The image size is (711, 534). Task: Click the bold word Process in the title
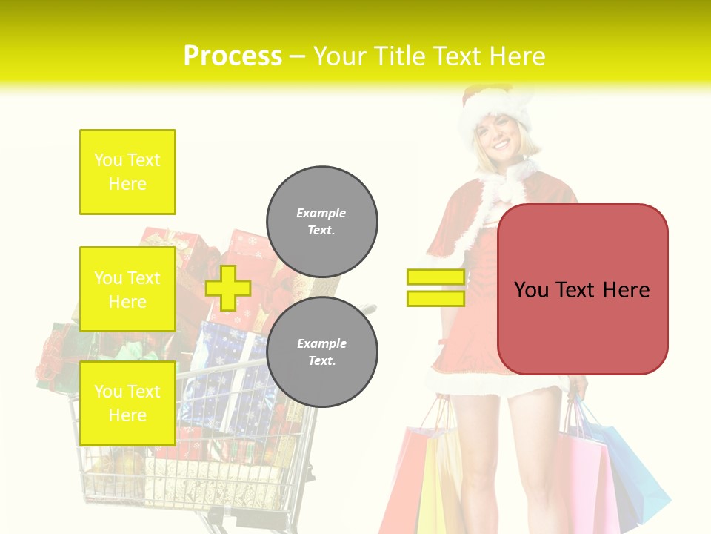233,56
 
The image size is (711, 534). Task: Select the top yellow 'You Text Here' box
127,172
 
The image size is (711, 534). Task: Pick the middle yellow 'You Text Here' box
127,289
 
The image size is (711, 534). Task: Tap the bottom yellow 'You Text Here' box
127,403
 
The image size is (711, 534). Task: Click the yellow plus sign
228,288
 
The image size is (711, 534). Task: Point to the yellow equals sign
435,288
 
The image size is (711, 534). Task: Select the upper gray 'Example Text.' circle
321,222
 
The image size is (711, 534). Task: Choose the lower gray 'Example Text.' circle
321,352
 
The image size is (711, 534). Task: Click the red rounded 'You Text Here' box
582,289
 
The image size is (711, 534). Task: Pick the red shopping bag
404,482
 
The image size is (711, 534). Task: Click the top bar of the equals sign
435,277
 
